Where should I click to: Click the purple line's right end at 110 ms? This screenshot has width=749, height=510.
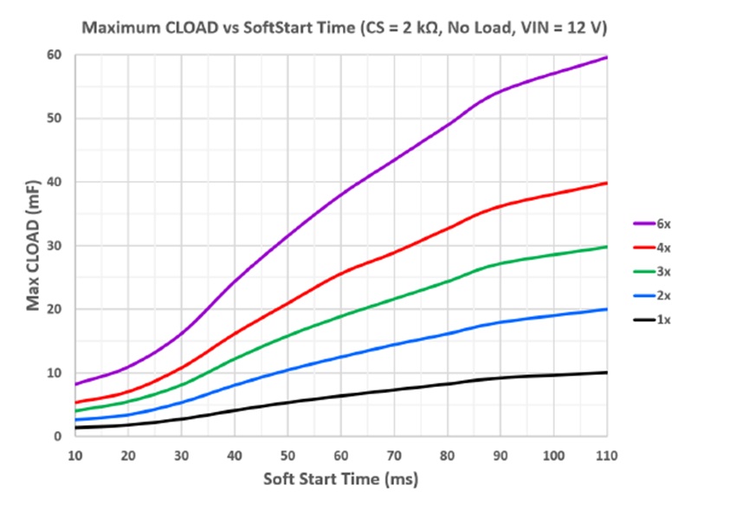click(x=607, y=57)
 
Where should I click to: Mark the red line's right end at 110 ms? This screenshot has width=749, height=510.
click(x=607, y=183)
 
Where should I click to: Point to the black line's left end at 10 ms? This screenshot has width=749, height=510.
click(x=76, y=428)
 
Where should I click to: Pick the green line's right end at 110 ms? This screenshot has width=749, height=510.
click(x=607, y=247)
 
